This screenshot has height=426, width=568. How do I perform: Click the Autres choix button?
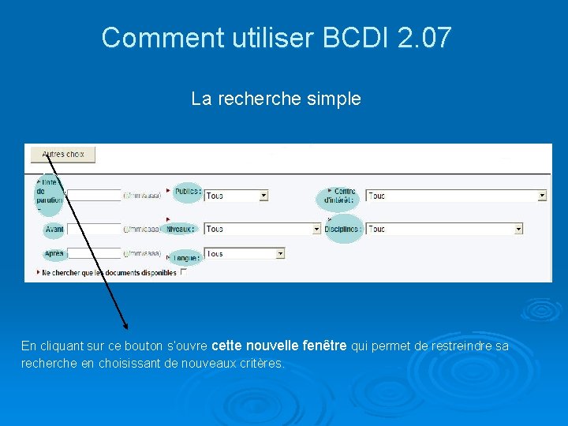pos(62,155)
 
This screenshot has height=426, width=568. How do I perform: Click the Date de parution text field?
pos(95,195)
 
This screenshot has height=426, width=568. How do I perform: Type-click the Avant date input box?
pos(95,230)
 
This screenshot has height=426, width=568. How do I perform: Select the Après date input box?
pos(95,254)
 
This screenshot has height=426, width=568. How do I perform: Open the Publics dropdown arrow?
pos(263,196)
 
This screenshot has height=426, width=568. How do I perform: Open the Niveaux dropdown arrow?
pos(317,229)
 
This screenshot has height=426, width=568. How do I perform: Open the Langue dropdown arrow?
pos(280,254)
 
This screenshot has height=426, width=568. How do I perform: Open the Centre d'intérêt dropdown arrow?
pos(542,196)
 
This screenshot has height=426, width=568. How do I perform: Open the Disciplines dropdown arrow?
pos(518,229)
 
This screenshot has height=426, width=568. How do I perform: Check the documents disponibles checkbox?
pos(184,272)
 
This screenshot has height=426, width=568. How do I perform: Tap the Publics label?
pos(188,192)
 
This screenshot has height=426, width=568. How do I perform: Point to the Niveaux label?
pos(181,229)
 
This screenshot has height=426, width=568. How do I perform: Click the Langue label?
pos(186,257)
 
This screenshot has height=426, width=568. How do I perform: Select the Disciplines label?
pos(343,229)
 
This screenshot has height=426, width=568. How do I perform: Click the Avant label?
pos(54,230)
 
